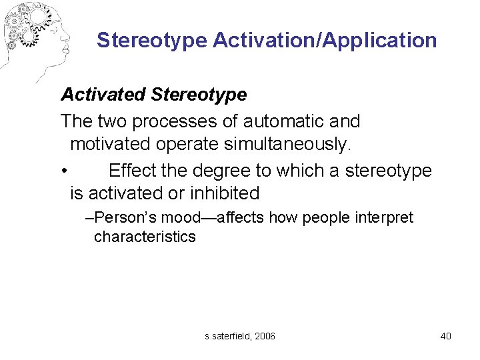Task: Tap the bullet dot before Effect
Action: click(x=63, y=171)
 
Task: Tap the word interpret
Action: click(x=383, y=218)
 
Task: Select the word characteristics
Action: click(x=145, y=237)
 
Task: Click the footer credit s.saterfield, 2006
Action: click(x=240, y=336)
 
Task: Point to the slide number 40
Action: click(x=446, y=336)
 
